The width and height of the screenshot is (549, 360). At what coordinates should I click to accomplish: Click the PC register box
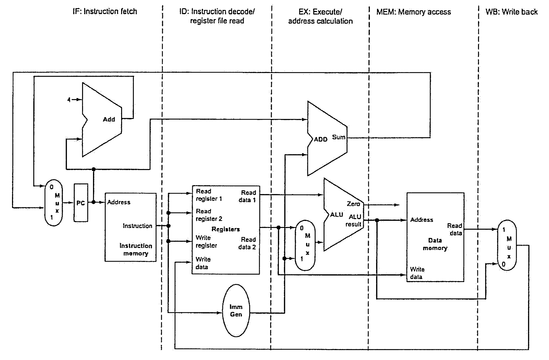(81, 203)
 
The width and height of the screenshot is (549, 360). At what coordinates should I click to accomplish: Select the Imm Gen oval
(236, 311)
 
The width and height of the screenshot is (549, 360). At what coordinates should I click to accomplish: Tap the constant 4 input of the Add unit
(69, 100)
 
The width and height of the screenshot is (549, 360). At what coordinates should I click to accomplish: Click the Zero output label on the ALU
(353, 204)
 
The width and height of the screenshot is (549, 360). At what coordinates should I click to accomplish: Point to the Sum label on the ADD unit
(338, 137)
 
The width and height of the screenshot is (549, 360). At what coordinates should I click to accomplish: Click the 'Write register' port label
(206, 241)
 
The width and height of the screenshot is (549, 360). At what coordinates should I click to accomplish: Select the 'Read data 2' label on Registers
(247, 243)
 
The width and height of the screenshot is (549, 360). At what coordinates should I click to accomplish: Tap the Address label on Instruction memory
(119, 202)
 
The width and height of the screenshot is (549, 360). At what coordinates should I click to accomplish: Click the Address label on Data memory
(422, 220)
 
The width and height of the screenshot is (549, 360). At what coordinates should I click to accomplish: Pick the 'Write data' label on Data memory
(417, 273)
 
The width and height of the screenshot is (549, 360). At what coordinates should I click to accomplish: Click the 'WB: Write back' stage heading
(512, 12)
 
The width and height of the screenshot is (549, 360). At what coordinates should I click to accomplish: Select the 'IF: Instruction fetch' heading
(105, 11)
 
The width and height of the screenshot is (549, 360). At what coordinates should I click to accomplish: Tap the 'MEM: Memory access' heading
(414, 12)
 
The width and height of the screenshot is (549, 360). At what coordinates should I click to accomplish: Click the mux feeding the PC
(54, 203)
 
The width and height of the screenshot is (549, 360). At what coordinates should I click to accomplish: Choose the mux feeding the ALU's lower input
(305, 245)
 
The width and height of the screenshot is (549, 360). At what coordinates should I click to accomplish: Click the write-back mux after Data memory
(507, 245)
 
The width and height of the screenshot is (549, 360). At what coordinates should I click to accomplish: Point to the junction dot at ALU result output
(377, 220)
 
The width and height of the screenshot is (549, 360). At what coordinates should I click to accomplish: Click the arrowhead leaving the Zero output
(397, 205)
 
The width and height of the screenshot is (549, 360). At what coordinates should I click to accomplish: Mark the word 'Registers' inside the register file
(225, 229)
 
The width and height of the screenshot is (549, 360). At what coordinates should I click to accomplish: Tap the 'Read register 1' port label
(209, 195)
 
